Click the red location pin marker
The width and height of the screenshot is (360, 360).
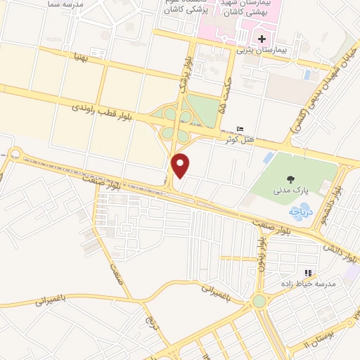tap(181, 165)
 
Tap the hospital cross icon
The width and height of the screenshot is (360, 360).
tap(262, 38)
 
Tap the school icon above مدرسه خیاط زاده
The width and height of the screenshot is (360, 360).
tap(307, 273)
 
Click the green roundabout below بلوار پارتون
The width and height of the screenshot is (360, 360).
tap(258, 301)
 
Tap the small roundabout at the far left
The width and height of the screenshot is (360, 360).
tap(15, 155)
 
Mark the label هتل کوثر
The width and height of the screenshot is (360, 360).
tap(239, 139)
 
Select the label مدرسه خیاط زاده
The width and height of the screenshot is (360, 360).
tap(307, 283)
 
